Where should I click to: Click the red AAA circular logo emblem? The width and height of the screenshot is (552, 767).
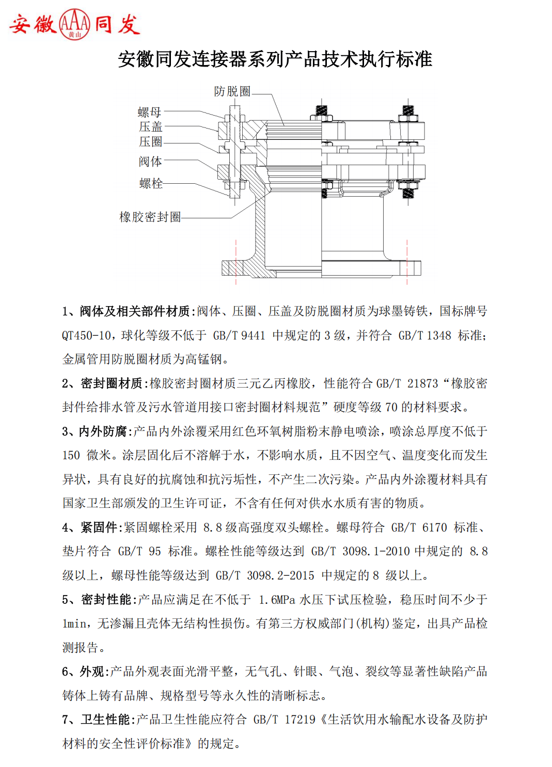(74, 24)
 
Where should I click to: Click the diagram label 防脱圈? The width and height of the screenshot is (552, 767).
(232, 91)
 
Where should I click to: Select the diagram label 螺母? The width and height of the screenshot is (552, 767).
(150, 112)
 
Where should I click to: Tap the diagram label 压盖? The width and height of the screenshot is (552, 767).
(150, 126)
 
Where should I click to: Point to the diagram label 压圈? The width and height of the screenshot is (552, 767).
(150, 141)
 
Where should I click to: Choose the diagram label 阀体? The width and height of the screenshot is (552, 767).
(150, 162)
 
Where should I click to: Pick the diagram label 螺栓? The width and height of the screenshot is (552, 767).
(151, 183)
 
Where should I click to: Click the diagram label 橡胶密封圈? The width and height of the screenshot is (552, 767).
(150, 217)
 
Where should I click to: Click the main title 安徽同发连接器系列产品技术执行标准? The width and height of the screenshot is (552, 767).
(275, 59)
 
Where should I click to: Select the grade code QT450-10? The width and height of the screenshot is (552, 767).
(86, 335)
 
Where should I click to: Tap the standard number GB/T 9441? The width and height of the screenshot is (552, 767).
(239, 335)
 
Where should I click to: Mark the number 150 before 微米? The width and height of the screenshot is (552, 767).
(71, 455)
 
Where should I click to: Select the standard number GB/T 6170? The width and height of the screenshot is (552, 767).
(419, 528)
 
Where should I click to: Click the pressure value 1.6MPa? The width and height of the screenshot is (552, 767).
(277, 600)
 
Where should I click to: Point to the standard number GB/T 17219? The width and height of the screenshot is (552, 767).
(284, 720)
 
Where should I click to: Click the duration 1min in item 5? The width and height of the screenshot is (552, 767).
(74, 624)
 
